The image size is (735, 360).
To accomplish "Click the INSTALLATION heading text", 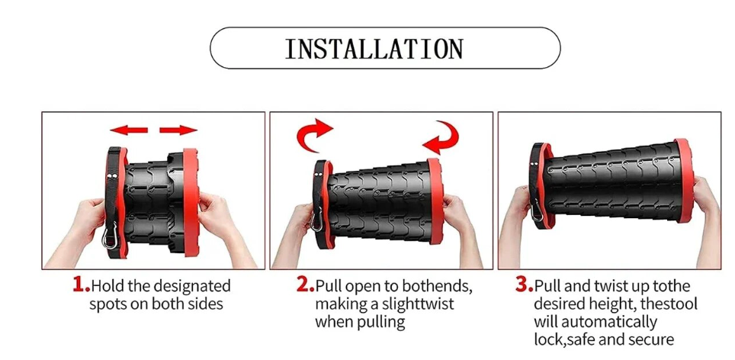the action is (374, 49).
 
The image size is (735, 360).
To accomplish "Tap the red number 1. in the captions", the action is (81, 284).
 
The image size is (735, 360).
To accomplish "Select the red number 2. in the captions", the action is (305, 284).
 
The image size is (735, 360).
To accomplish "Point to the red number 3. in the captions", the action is (525, 284).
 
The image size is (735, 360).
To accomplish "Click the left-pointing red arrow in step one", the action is (129, 130).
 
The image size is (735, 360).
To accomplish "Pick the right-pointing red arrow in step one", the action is (178, 130).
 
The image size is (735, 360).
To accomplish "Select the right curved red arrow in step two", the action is (441, 138).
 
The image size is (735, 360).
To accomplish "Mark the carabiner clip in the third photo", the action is (537, 210).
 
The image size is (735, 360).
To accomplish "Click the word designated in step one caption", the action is (192, 286).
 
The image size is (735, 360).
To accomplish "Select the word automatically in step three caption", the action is (609, 322).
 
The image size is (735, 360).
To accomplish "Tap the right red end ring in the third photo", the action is (685, 181).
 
